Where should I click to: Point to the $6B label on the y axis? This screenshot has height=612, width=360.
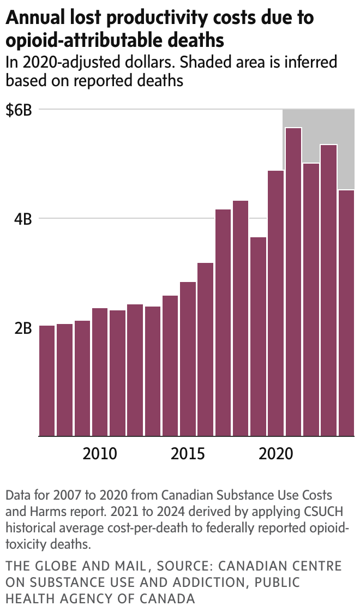[x=19, y=110]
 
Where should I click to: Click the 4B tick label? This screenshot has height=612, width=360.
[x=23, y=219]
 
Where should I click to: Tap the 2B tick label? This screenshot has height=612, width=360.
[x=23, y=328]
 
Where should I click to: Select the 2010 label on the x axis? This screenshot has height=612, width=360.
[x=100, y=453]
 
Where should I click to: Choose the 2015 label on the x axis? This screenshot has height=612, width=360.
[x=188, y=453]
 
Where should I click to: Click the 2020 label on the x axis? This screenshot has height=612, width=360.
[x=275, y=453]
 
